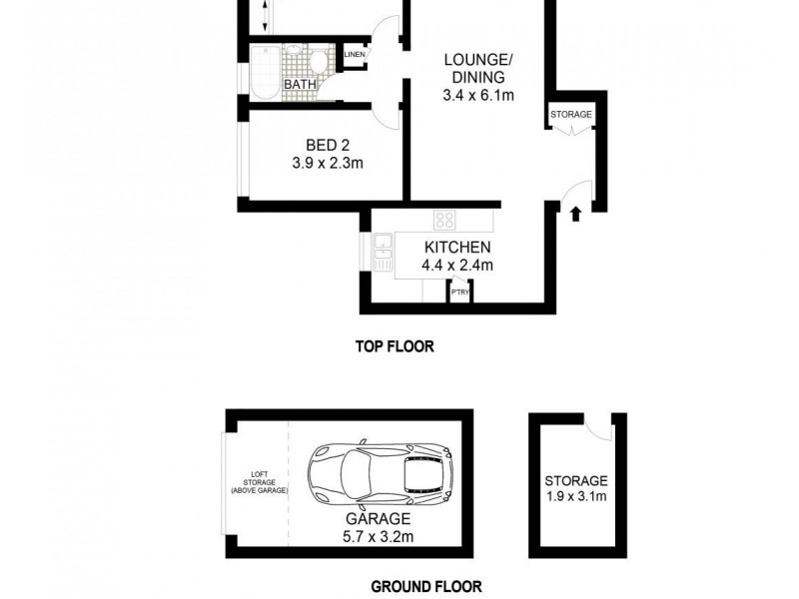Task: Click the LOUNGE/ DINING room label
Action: pos(474,68)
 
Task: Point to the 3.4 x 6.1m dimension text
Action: pos(477,96)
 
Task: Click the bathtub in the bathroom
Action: pos(264,72)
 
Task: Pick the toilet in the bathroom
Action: pos(318,62)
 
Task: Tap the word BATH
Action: pos(300,85)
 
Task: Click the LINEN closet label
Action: pos(355,55)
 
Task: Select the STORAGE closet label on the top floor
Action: pos(571,115)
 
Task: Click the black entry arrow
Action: pos(575,213)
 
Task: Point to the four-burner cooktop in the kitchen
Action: pos(444,221)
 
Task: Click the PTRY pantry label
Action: pos(459,292)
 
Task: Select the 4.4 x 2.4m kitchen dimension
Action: pos(458,266)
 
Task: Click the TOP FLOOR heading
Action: pos(396,347)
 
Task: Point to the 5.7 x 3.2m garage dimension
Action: pos(379,537)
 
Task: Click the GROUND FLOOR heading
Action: pos(426,587)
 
